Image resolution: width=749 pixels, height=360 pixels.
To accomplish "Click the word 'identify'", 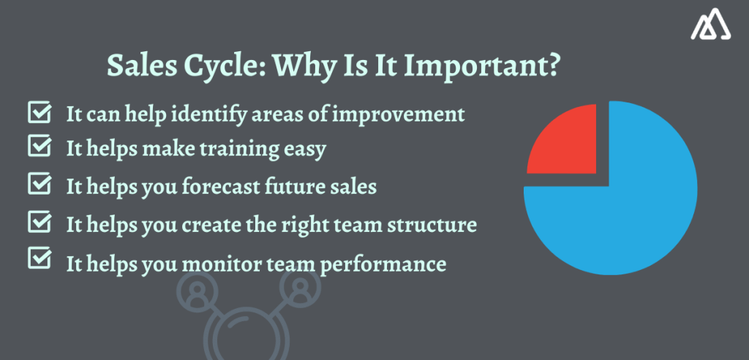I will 204,116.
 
